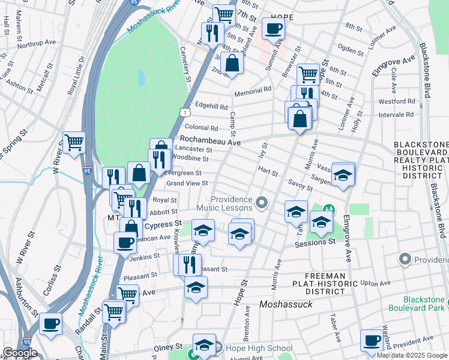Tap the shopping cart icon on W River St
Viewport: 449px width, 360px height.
point(74,142)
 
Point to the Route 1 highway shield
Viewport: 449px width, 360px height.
point(185,112)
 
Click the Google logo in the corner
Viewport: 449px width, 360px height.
point(20,353)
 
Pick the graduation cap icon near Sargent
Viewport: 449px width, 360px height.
point(343,175)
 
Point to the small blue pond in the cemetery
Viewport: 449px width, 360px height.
point(141,78)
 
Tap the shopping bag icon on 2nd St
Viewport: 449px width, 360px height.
point(232,62)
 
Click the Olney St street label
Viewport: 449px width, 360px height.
point(170,347)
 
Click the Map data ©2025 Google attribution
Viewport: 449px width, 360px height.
point(412,355)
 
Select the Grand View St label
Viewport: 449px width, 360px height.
point(188,183)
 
